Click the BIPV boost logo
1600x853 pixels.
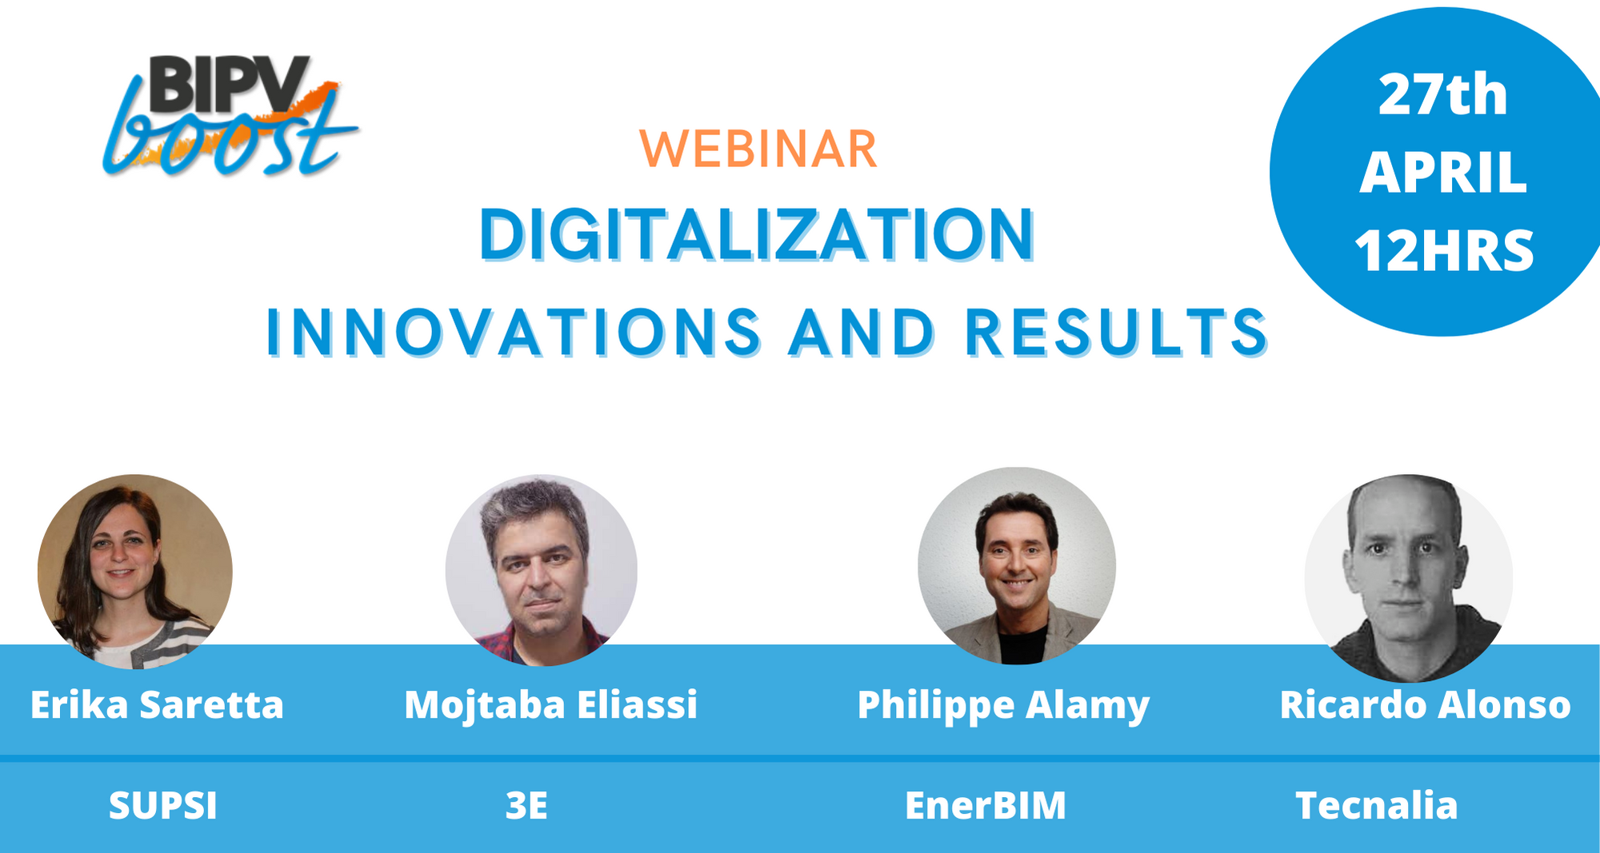pos(230,115)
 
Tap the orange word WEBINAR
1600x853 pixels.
pos(758,149)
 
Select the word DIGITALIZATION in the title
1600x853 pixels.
pos(757,235)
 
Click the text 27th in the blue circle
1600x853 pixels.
pos(1442,95)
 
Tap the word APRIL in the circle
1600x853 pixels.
pos(1443,173)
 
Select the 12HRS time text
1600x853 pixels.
pos(1444,250)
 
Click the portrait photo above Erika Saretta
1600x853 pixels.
pos(135,572)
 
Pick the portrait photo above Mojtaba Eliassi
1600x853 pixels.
pos(542,571)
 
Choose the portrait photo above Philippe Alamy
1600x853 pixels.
pos(1017,566)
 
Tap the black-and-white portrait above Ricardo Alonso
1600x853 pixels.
pos(1409,578)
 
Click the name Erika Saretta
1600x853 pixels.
pos(157,705)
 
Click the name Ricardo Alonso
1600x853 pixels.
pos(1425,705)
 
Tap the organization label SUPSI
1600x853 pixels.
pos(163,806)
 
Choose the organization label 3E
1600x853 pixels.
pos(526,806)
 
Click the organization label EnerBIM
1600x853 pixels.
pos(986,806)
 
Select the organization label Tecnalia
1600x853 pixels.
pos(1377,806)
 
